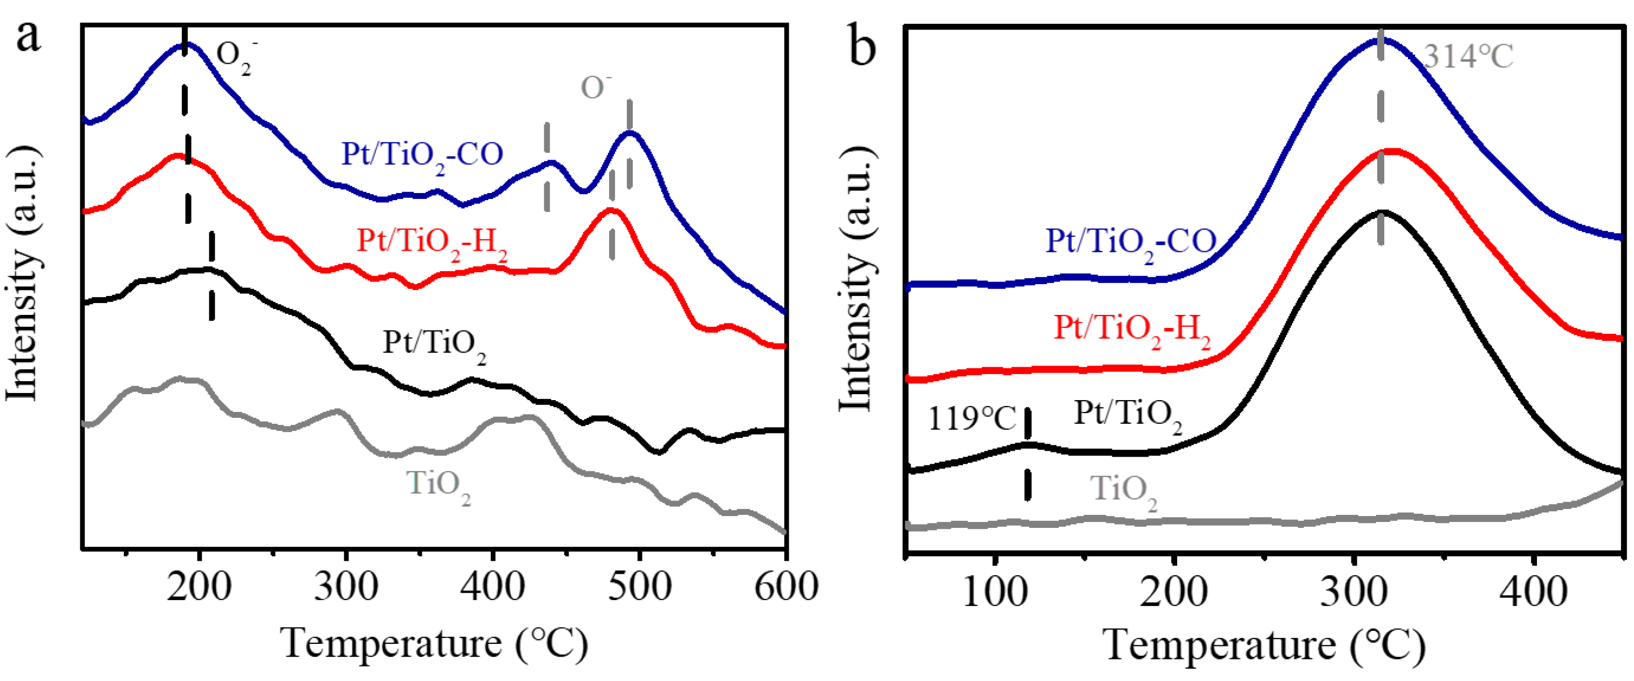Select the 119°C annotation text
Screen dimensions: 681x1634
[971, 418]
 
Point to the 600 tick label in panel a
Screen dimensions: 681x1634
[785, 587]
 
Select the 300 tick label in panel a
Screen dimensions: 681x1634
[346, 587]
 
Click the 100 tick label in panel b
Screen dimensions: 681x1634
[994, 593]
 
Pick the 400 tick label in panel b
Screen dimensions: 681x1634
[1533, 593]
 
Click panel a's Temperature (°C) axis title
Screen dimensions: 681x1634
[434, 644]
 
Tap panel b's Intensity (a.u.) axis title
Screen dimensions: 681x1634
[856, 279]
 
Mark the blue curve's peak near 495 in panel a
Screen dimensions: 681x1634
[631, 133]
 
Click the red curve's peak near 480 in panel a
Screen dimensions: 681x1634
[611, 210]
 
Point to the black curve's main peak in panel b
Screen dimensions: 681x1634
[1380, 212]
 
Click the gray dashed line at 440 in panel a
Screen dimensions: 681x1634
[546, 167]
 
